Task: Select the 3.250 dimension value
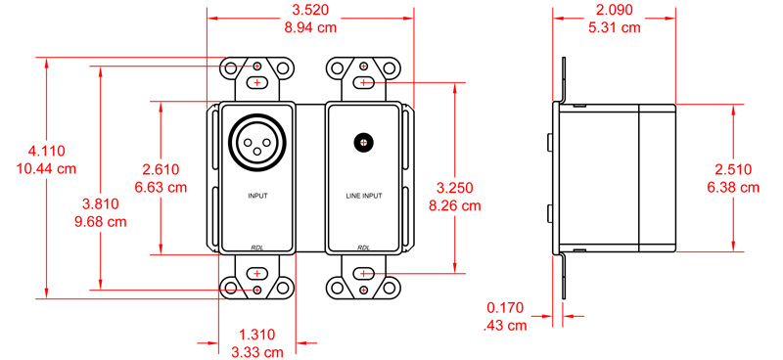pos(457,188)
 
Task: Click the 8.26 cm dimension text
pos(457,205)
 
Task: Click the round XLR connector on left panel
pos(257,141)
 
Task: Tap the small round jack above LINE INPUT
pos(363,142)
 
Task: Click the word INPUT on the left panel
pos(257,196)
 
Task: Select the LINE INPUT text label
pos(363,196)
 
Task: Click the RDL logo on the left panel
pos(257,247)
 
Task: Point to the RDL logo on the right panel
pos(363,247)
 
